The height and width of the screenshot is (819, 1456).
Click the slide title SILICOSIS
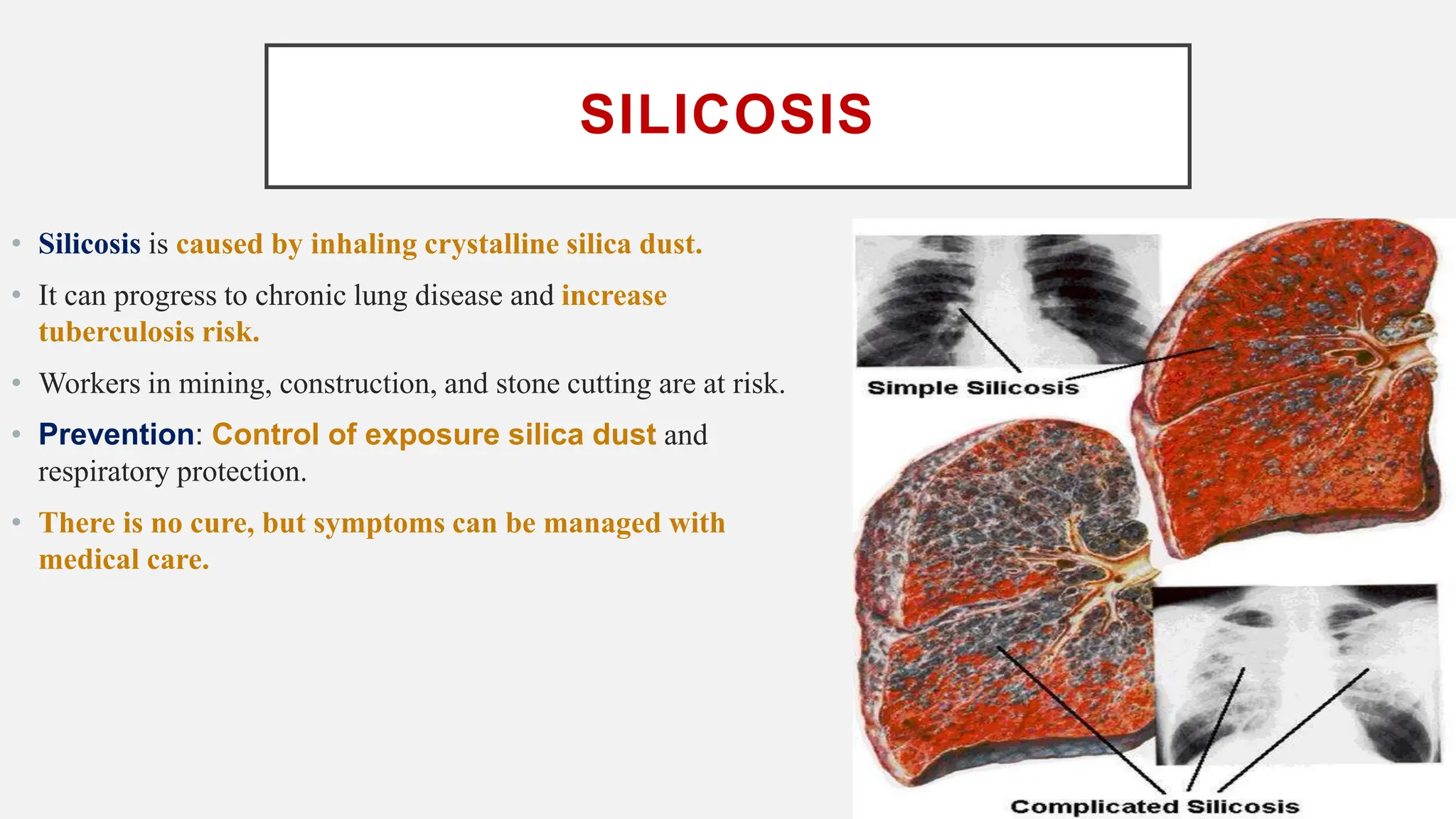pyautogui.click(x=727, y=114)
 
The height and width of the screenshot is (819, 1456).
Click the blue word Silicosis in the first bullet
pyautogui.click(x=90, y=245)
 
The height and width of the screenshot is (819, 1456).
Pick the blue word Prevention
pyautogui.click(x=116, y=434)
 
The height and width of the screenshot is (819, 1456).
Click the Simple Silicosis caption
pyautogui.click(x=973, y=388)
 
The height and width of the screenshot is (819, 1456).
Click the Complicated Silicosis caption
pyautogui.click(x=1155, y=807)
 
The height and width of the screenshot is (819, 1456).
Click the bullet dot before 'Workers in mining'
pyautogui.click(x=16, y=383)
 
